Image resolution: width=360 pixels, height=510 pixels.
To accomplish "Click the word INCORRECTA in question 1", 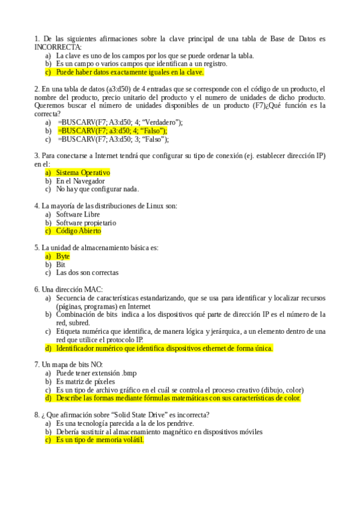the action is (58, 47).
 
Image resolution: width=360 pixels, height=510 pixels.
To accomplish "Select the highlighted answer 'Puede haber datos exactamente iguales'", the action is (129, 72).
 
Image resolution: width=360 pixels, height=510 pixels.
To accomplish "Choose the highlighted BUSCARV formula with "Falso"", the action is (112, 131).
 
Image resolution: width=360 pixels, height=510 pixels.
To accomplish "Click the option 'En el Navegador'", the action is (81, 181).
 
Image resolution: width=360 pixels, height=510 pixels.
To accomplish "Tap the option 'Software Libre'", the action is (78, 214).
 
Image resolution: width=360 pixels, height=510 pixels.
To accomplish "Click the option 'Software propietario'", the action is (86, 223).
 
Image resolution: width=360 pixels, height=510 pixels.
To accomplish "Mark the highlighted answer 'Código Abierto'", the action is (78, 231).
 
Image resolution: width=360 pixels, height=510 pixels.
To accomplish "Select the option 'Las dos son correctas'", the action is (87, 272).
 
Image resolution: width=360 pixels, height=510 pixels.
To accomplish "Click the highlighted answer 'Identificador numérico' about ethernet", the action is (164, 348).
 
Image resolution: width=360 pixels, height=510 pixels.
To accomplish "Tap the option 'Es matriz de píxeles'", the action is (85, 381).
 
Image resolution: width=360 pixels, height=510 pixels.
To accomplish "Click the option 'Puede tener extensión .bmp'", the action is (96, 373).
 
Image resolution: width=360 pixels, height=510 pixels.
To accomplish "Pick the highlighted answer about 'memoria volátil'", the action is (100, 440).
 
